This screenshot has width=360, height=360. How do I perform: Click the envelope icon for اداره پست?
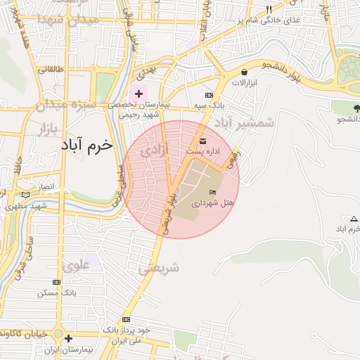coord(202,143)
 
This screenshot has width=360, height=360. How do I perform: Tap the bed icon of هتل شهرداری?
coord(213,192)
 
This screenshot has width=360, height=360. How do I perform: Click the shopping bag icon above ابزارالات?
coord(244,72)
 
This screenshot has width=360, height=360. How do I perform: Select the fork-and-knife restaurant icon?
coord(269,9)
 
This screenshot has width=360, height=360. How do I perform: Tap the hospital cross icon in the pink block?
coord(139,93)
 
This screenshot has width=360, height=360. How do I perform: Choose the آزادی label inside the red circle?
coord(154,150)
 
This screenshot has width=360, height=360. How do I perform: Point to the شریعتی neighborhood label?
coord(158,267)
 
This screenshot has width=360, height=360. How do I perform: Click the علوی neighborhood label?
coord(76,266)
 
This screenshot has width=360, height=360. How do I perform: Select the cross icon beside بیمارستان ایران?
coord(68,338)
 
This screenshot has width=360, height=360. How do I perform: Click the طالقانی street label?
coord(50,69)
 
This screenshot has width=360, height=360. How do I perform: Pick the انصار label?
coord(43,188)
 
